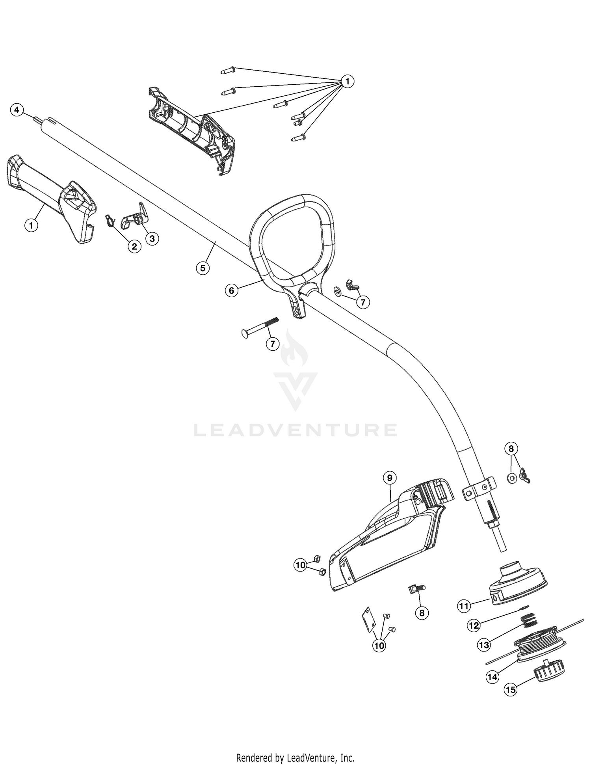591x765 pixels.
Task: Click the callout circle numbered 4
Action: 17,110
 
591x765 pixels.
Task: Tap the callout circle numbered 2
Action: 134,246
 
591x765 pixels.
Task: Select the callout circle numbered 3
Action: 152,238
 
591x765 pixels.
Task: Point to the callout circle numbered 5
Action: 203,268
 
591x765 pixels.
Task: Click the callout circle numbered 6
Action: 231,290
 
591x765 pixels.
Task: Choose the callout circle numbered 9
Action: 390,478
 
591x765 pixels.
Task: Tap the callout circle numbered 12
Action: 474,625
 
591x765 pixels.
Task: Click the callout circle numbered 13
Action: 484,645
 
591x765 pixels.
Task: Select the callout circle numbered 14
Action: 492,677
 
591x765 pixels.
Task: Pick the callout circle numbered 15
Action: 511,690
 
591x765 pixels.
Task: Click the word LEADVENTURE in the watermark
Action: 295,430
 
